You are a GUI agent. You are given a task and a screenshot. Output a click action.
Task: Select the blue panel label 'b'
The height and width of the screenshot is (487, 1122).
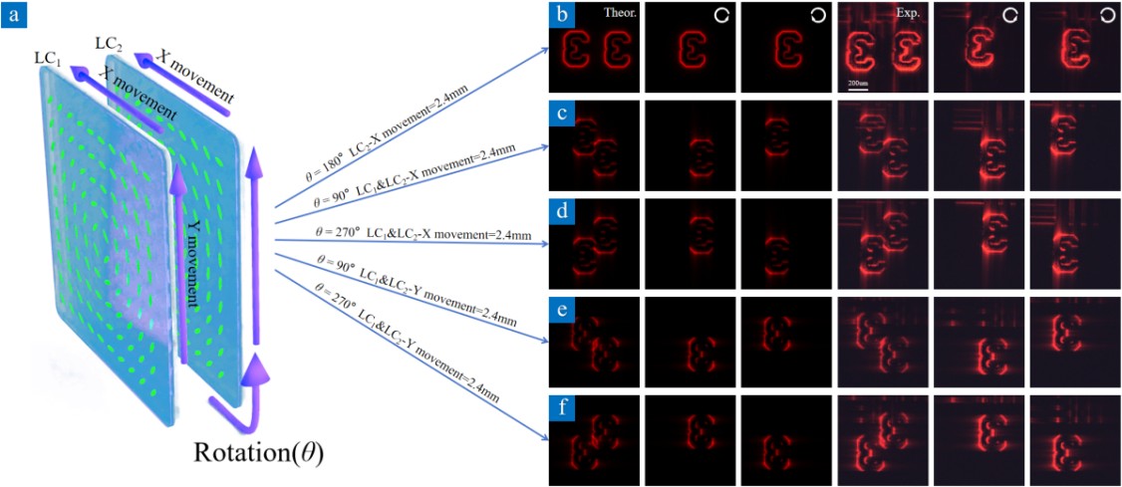tap(561, 16)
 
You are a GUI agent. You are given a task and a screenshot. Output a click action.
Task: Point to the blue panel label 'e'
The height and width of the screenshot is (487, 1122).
tap(561, 310)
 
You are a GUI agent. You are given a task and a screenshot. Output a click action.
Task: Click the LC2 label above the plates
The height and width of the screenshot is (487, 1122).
tap(108, 43)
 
